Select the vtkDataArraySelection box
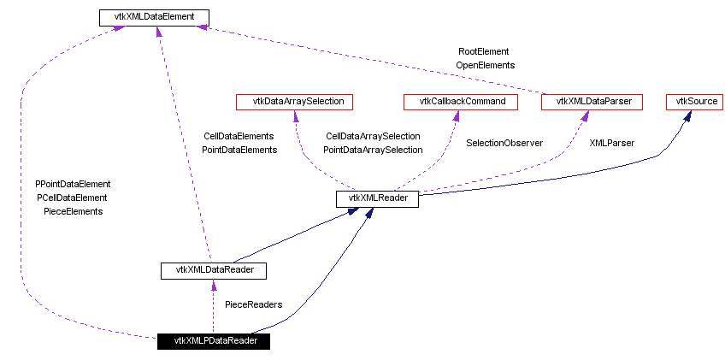[x=294, y=102]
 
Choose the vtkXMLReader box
[x=377, y=199]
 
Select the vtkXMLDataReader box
[x=213, y=270]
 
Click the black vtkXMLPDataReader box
[x=213, y=340]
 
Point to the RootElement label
[x=484, y=51]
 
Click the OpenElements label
[x=485, y=65]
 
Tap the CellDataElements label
[x=239, y=136]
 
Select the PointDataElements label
[x=239, y=150]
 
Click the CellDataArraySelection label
[x=373, y=136]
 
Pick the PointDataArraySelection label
[x=373, y=150]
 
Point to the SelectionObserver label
[x=504, y=143]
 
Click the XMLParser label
[x=612, y=143]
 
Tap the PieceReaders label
[x=253, y=304]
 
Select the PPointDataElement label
[x=73, y=184]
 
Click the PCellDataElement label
[x=73, y=198]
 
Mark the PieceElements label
[x=73, y=211]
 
